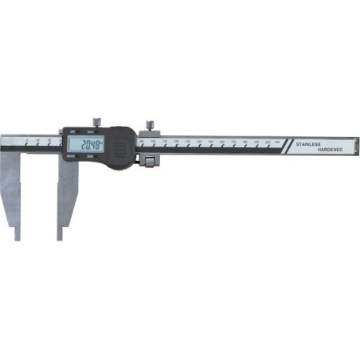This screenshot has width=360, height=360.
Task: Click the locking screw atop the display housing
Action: (96, 121)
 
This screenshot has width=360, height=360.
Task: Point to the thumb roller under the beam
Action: (149, 161)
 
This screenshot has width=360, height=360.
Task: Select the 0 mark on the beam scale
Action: (25, 140)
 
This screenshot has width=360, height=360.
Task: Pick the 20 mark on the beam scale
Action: (49, 140)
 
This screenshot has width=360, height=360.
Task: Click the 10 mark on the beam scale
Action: (37, 140)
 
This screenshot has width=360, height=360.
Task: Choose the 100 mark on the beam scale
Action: (153, 141)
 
